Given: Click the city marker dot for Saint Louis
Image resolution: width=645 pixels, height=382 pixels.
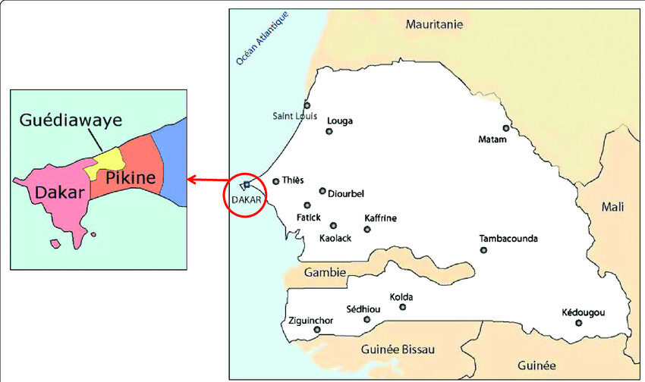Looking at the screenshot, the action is click(307, 105).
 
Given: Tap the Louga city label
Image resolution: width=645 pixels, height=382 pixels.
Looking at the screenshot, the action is click(339, 121).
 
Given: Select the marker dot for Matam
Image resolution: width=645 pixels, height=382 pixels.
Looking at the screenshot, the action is click(506, 128).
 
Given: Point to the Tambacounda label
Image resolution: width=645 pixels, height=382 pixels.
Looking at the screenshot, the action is click(508, 239).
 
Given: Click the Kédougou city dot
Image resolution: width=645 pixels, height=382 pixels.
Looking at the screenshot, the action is click(578, 323).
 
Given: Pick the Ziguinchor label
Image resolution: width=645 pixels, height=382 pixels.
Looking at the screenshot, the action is click(311, 321).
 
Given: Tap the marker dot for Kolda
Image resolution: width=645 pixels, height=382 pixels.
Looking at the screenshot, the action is click(402, 307).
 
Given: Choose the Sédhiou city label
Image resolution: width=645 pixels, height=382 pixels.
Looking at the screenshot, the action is click(360, 309).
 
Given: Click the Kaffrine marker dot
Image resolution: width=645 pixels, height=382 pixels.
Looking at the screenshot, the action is click(367, 229).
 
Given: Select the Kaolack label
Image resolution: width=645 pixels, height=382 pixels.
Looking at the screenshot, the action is click(336, 238).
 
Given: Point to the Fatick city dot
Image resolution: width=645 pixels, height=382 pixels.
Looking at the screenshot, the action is click(307, 205).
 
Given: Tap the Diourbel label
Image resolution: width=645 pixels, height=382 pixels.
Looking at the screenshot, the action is click(345, 193).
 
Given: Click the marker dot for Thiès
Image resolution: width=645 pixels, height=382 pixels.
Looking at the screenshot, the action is click(276, 181).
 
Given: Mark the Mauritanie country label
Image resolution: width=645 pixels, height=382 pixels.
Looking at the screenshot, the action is click(434, 24).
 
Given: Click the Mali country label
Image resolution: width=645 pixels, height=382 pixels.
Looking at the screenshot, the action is click(612, 206).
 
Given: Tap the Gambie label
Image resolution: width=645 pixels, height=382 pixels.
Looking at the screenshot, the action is click(325, 272).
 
